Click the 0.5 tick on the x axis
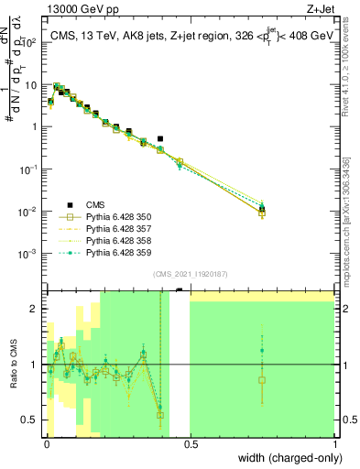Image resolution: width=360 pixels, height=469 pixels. click(x=191, y=445)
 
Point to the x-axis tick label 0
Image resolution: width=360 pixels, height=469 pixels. click(x=48, y=445)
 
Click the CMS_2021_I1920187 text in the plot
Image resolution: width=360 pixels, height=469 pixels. click(x=190, y=274)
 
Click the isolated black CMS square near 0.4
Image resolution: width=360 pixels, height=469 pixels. click(x=160, y=139)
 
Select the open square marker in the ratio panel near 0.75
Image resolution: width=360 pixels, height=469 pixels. click(x=262, y=379)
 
